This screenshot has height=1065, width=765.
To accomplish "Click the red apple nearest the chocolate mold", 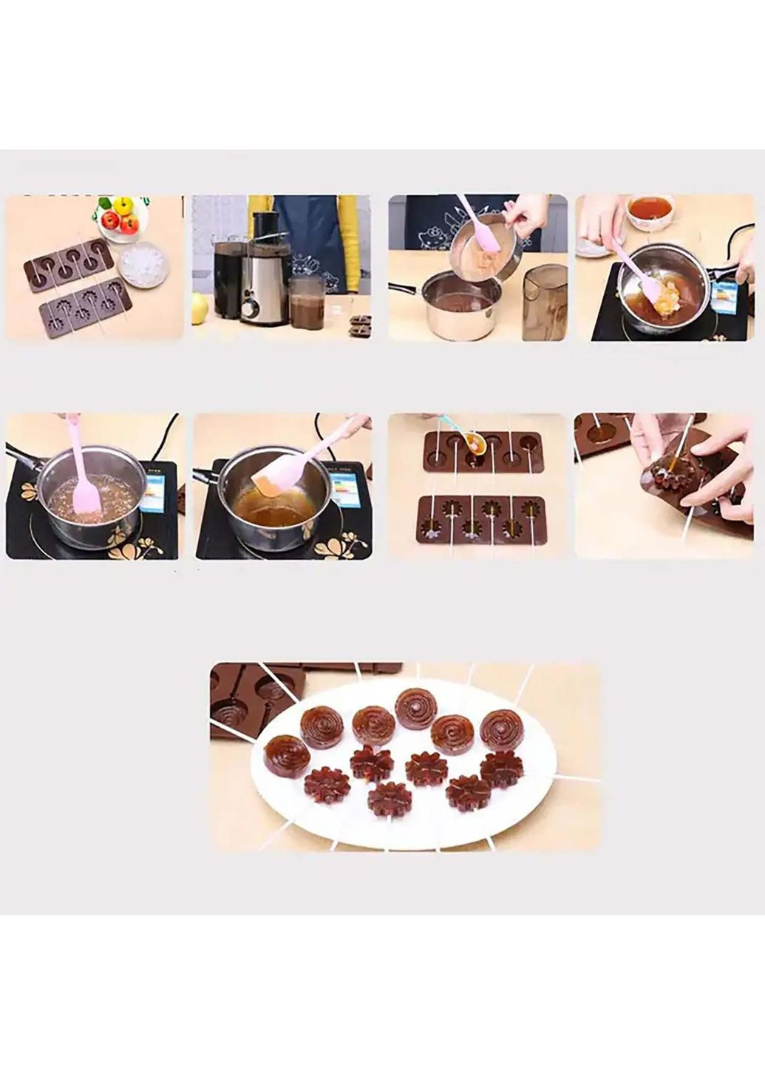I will tap(112, 220).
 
